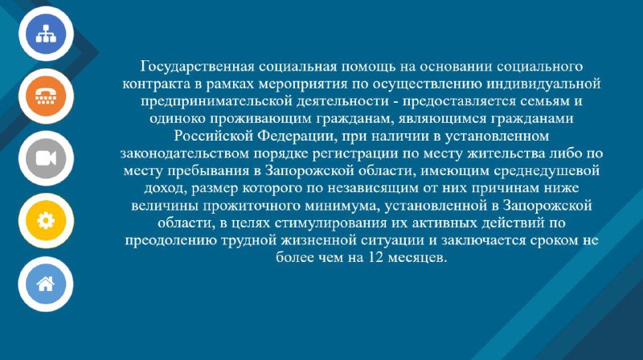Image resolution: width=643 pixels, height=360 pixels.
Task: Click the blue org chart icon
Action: point(46,34)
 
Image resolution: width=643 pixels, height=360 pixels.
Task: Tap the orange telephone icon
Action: point(46,96)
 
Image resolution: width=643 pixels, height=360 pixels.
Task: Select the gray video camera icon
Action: point(46,158)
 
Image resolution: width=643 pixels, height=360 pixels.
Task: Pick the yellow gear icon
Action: point(46,221)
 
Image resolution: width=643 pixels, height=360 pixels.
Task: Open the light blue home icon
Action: point(46,284)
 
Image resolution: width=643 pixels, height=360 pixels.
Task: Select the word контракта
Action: point(157,84)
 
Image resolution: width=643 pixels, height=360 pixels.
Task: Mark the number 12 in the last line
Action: point(376,257)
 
